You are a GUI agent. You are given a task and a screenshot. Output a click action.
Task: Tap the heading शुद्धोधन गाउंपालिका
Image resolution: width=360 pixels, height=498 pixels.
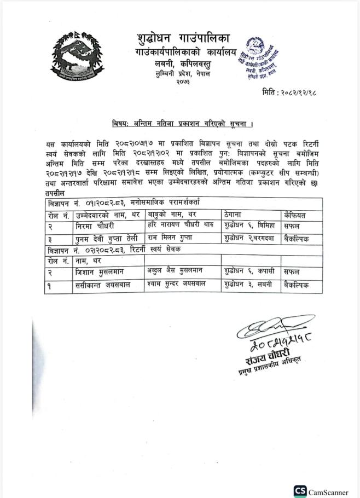click(184, 38)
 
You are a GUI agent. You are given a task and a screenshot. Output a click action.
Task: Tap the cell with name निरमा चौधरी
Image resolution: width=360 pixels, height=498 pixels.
click(95, 225)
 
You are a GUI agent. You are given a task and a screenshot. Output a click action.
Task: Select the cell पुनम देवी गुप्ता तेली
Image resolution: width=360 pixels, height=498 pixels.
click(108, 238)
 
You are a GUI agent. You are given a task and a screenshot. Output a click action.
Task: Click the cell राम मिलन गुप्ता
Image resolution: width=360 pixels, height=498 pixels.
click(173, 238)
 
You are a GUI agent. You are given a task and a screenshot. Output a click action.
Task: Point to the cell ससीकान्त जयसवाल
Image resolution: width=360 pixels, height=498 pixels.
click(106, 285)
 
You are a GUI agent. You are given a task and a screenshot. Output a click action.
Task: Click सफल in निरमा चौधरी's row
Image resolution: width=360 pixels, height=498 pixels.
click(291, 225)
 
